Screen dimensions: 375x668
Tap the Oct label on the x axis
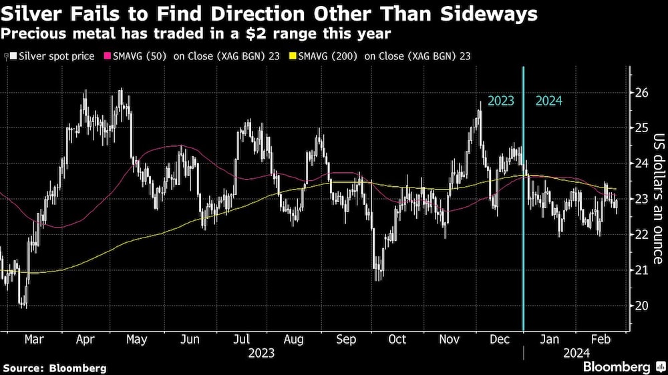click(397, 339)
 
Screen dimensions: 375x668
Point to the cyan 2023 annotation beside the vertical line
click(501, 101)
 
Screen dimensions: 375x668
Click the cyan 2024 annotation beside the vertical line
click(548, 101)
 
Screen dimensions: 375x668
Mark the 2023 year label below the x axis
click(261, 352)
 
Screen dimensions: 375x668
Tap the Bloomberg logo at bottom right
click(616, 366)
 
